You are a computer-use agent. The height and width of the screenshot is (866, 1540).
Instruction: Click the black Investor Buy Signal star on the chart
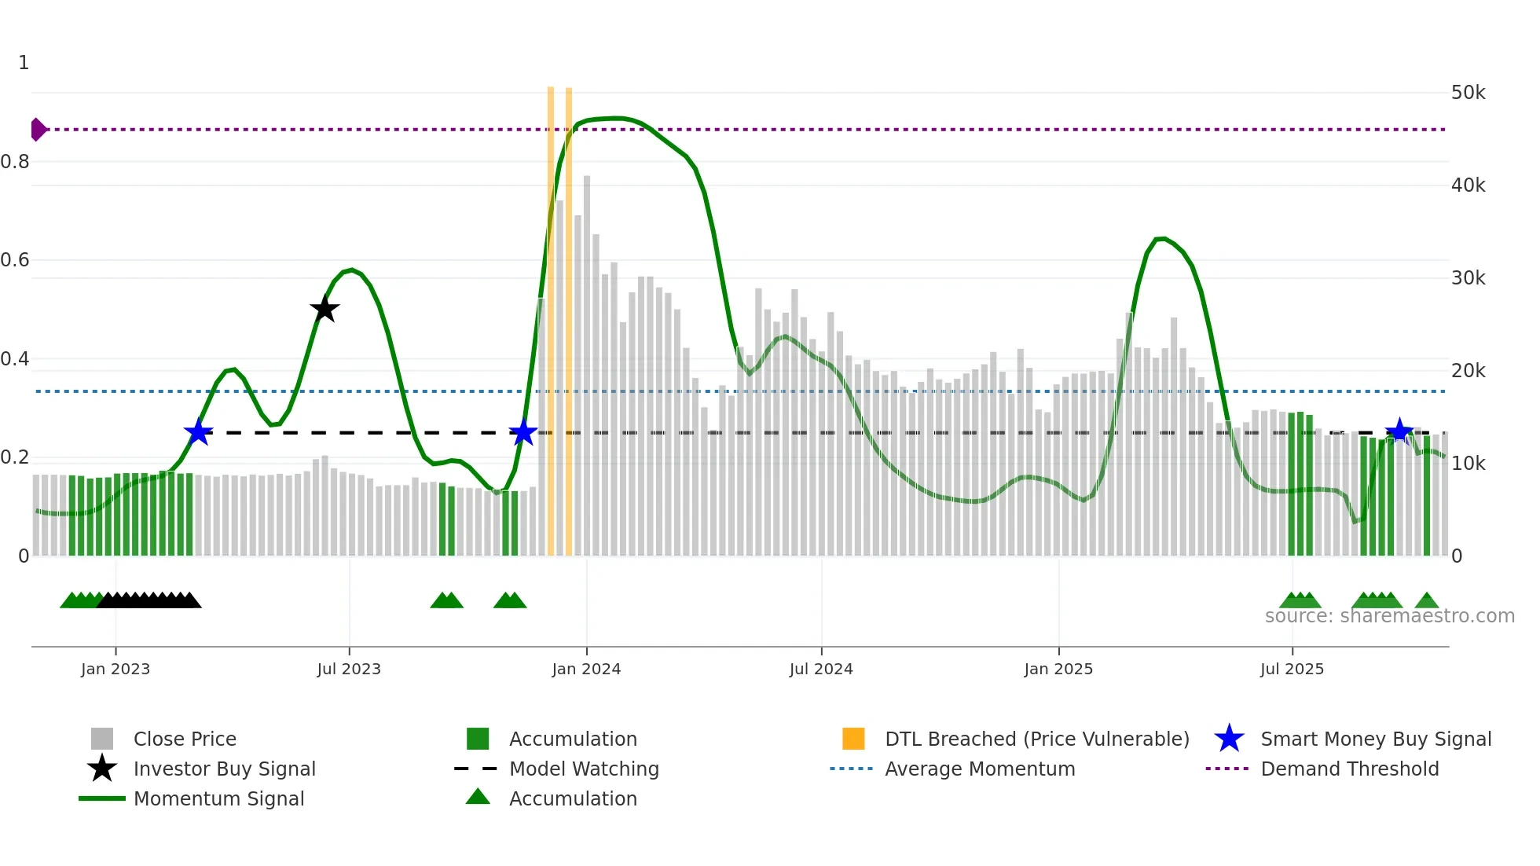(x=324, y=310)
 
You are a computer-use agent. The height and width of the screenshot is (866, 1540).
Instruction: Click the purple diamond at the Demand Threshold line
(x=38, y=130)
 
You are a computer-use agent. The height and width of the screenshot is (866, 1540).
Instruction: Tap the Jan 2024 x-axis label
(x=586, y=669)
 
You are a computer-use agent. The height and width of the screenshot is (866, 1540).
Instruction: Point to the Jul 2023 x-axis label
(x=349, y=669)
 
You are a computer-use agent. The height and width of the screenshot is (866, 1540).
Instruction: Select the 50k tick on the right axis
(x=1468, y=93)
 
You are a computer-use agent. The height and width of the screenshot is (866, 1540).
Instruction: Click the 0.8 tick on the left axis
(x=15, y=162)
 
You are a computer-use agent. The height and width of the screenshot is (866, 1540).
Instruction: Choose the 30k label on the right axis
(x=1468, y=278)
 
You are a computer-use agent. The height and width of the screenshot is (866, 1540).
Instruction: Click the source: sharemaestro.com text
(x=1389, y=616)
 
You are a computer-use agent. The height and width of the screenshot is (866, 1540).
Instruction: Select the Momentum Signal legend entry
(x=218, y=798)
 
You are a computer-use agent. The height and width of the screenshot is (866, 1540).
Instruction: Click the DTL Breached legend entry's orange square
(x=853, y=739)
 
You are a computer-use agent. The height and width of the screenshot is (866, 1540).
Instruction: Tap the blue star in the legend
(x=1229, y=739)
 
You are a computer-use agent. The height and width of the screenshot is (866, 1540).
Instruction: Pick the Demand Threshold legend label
(x=1349, y=769)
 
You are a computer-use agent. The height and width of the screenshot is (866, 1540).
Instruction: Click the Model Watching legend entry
(x=584, y=769)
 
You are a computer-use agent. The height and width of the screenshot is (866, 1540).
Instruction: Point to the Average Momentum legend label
(x=980, y=769)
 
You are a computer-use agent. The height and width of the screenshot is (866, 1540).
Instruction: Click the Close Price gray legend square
(x=102, y=739)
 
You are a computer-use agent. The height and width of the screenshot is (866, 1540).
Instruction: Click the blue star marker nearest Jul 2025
(x=1399, y=431)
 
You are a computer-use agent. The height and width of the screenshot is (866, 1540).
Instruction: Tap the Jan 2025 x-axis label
(x=1058, y=669)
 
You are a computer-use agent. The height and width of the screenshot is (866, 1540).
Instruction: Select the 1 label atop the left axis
(x=24, y=63)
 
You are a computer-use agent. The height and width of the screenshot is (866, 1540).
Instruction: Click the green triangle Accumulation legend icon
(x=478, y=797)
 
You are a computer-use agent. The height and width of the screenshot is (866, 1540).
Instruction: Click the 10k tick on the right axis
(x=1468, y=464)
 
